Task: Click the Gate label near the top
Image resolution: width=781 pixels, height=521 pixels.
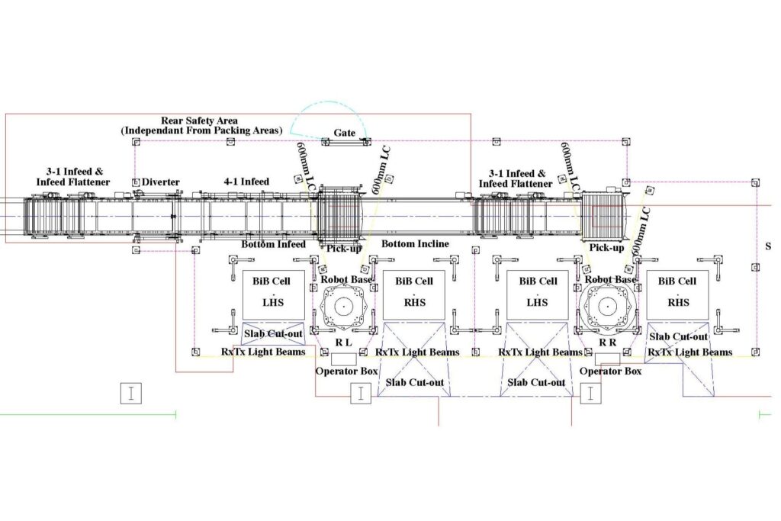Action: pos(345,133)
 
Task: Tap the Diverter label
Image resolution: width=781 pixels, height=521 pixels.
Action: pos(161,182)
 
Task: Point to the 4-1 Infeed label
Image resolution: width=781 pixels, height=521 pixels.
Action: pos(246,182)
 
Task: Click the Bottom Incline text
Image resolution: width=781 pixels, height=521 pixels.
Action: pos(415,244)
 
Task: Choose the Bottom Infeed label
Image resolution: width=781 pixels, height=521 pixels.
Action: pos(273,244)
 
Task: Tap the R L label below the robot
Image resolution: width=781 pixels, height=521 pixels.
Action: pos(343,343)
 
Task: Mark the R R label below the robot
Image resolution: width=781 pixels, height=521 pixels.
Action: pos(608,343)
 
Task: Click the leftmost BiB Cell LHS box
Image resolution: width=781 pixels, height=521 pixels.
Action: pos(273,294)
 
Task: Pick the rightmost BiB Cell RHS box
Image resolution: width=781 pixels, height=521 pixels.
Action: pos(677,294)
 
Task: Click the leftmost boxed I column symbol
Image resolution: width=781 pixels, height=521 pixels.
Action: pos(132,393)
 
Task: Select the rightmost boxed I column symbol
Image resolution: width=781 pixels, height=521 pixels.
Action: pos(591,393)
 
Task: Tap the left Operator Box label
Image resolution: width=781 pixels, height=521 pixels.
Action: pos(347,371)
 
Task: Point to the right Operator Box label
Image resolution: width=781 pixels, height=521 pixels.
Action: pos(611,371)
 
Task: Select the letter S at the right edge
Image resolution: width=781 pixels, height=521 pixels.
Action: pos(767,246)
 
